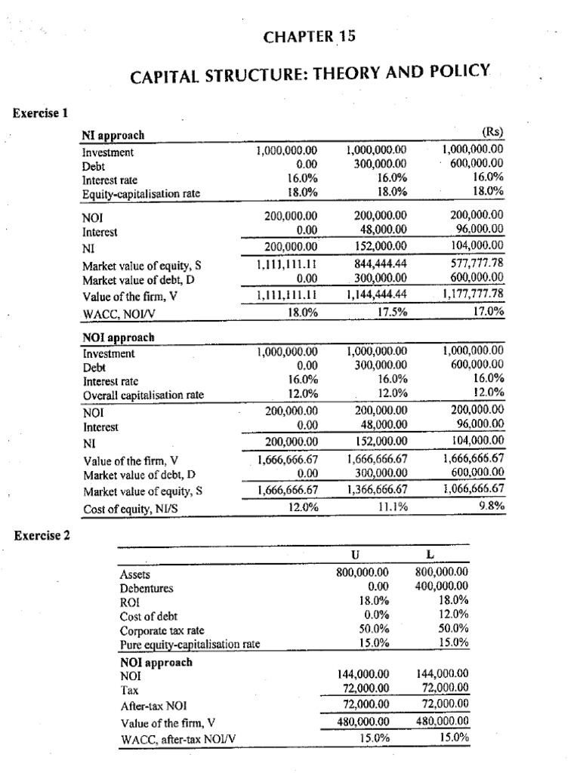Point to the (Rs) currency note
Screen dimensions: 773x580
(494, 134)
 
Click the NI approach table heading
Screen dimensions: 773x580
(113, 135)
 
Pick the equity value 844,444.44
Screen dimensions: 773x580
(380, 264)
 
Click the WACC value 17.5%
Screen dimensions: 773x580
(393, 311)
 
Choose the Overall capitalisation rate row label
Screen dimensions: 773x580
(143, 394)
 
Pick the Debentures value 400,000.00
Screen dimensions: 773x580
(442, 586)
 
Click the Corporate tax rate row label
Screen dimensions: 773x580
(162, 629)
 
